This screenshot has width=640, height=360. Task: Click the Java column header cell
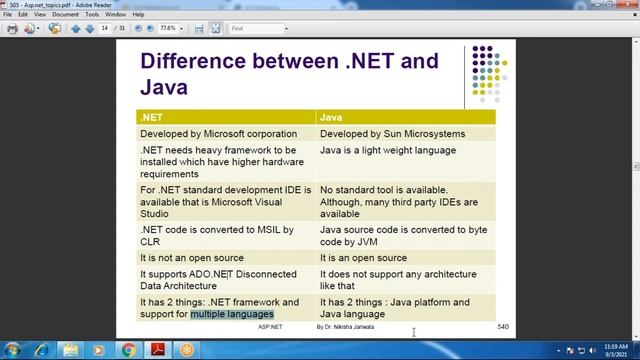(x=404, y=117)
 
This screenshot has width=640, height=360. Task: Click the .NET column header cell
(x=226, y=117)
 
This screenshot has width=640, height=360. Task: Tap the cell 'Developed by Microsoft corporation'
(x=218, y=133)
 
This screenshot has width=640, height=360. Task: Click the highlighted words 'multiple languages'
(x=232, y=314)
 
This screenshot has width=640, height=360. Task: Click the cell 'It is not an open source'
(x=194, y=257)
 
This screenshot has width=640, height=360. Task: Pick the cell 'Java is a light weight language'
(x=387, y=150)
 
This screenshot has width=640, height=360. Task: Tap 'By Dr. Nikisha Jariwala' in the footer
(x=346, y=327)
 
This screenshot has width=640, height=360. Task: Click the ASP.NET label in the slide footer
(x=270, y=327)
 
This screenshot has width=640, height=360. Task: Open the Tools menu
(x=91, y=15)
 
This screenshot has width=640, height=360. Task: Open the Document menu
(x=65, y=15)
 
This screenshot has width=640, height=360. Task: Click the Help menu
(x=138, y=15)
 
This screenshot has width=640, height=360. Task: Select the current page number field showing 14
(x=105, y=29)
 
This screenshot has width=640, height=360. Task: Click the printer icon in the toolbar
(x=12, y=29)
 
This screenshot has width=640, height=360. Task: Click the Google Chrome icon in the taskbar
(x=129, y=349)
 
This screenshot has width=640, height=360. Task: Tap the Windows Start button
(x=14, y=349)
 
